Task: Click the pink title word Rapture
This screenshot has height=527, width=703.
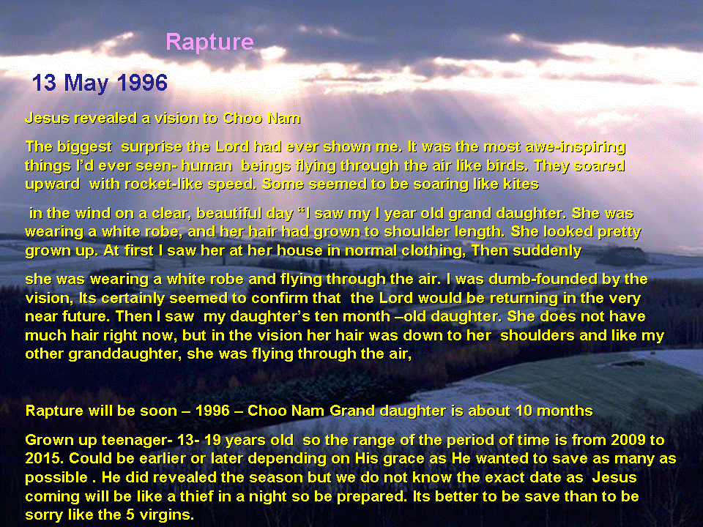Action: [210, 43]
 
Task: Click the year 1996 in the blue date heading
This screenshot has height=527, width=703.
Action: [142, 83]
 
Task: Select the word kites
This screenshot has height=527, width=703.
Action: [521, 184]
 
